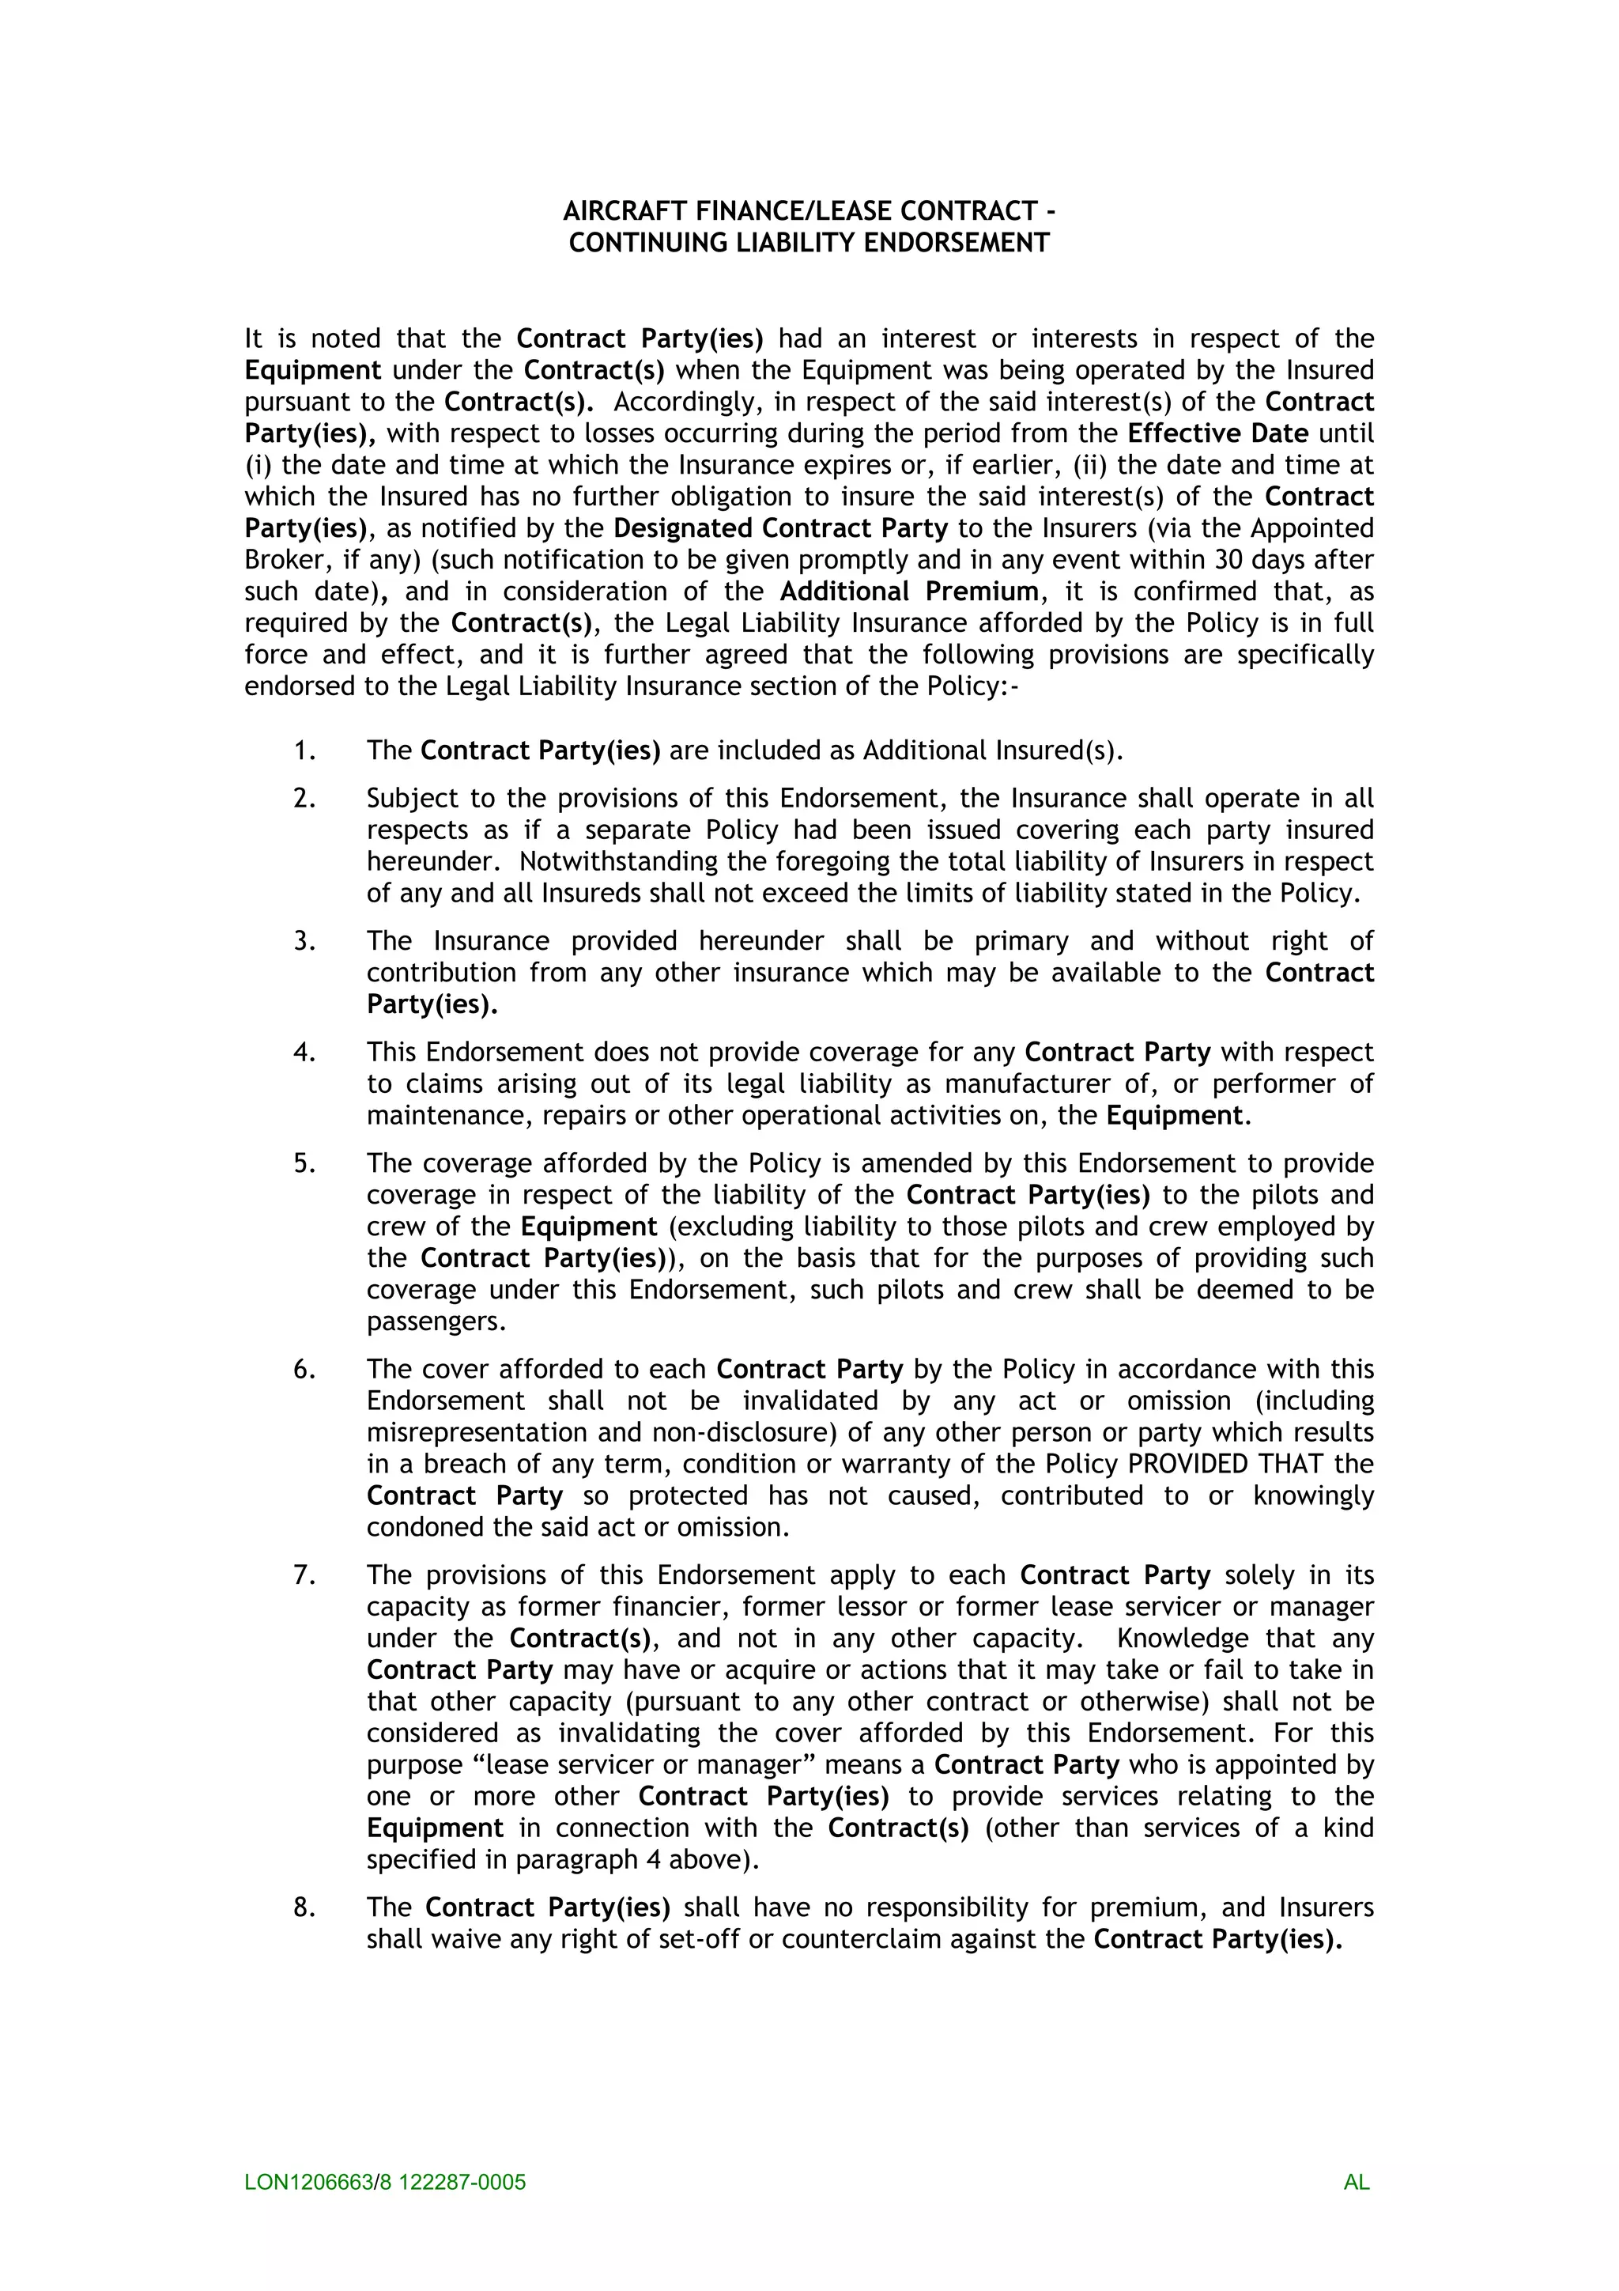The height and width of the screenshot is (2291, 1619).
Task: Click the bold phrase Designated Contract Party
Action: point(780,527)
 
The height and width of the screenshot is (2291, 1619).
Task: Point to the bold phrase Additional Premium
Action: point(909,591)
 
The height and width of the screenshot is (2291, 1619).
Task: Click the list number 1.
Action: point(304,750)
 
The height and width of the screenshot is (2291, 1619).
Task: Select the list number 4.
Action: point(304,1052)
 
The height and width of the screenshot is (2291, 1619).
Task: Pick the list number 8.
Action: point(304,1907)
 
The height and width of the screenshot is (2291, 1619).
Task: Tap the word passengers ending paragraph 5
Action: point(434,1321)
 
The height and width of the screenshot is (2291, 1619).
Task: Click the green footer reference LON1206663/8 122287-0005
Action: point(385,2181)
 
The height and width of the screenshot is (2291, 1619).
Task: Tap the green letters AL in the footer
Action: point(1356,2181)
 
